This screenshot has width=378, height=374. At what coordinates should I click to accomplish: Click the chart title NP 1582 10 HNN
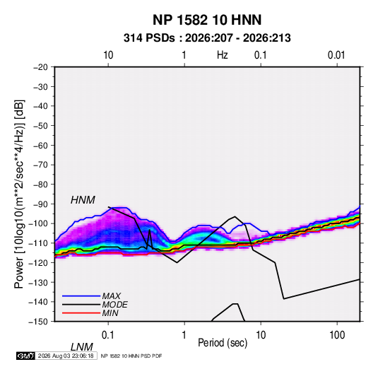coord(207,20)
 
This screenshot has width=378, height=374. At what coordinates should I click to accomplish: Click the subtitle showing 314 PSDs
coord(207,38)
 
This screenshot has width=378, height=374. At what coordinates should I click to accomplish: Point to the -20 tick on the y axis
coord(40,67)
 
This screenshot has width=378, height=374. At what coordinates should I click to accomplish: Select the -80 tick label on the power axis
coord(40,185)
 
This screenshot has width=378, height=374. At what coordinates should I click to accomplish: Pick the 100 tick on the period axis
coord(337,334)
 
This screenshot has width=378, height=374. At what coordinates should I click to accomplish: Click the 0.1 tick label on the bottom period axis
coord(108,334)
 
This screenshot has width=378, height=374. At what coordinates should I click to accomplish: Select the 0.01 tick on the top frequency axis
coord(336,55)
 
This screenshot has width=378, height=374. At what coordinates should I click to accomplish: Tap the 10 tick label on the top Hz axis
coord(108,55)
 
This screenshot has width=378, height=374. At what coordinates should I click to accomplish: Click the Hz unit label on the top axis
coord(223,55)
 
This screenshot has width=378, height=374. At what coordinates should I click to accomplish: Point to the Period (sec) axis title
coord(223,343)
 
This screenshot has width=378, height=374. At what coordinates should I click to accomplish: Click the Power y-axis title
coord(19,194)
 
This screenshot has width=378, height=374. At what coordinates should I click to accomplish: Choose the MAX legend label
coord(112,296)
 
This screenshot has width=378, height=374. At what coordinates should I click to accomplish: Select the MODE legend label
coord(114,305)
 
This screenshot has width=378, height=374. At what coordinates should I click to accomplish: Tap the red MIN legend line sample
coord(81,313)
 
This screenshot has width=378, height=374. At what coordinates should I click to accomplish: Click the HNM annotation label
coord(83,200)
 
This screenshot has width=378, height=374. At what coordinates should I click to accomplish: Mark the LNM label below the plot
coord(81,347)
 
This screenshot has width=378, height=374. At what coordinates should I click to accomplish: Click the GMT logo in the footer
coord(25,356)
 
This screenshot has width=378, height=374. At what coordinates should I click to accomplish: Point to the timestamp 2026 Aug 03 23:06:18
coord(66,356)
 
